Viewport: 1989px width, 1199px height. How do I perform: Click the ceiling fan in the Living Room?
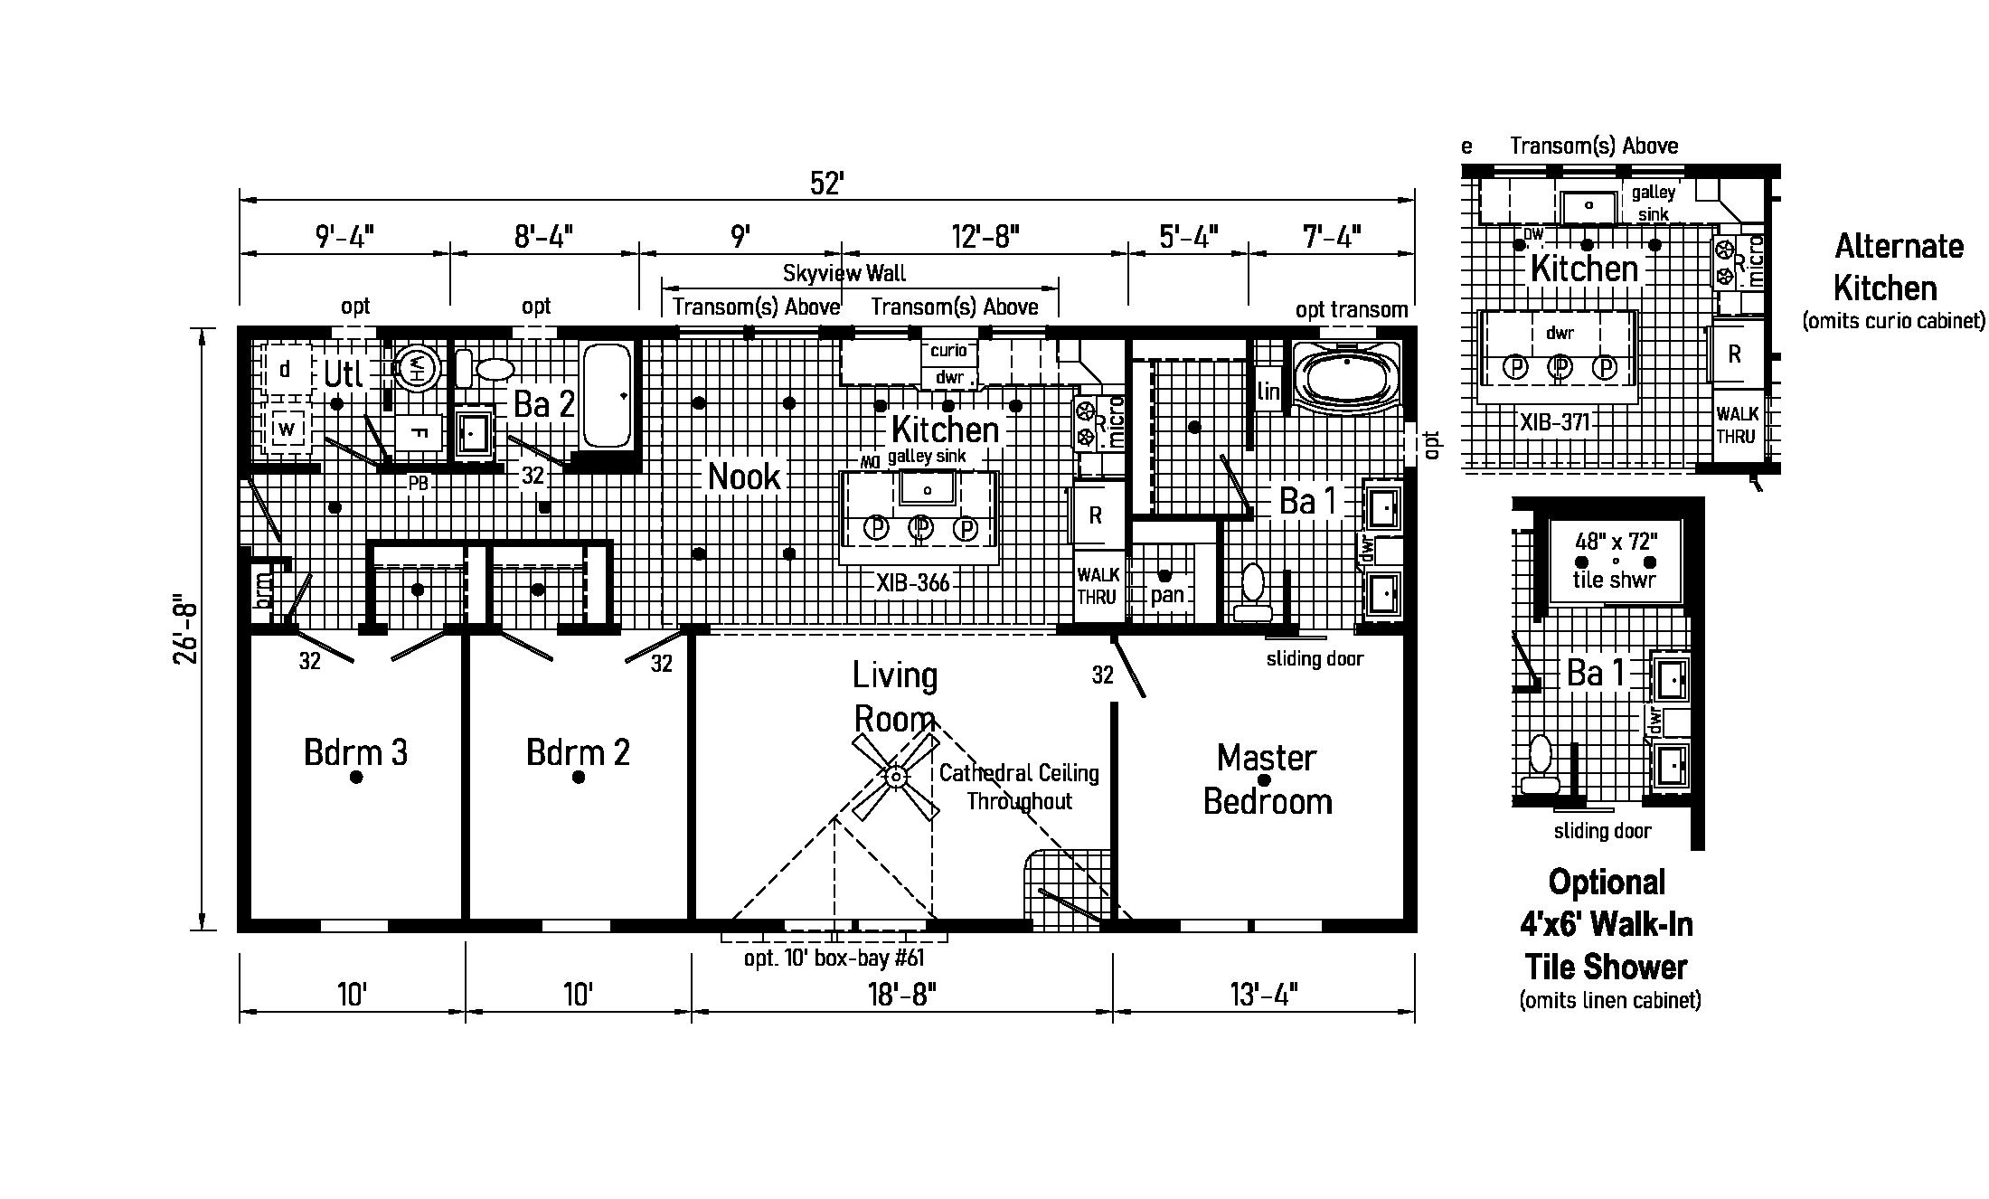click(x=896, y=776)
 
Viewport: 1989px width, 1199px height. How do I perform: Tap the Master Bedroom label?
click(x=1267, y=779)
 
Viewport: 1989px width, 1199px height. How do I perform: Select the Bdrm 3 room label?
click(x=355, y=752)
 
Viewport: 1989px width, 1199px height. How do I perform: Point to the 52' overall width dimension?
click(x=826, y=184)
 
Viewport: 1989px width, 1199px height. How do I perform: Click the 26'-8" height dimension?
click(x=185, y=629)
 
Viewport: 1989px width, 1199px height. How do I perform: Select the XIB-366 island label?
click(x=913, y=583)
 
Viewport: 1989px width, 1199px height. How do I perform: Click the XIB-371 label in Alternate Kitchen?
click(x=1554, y=422)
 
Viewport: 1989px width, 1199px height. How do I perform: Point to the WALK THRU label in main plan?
click(x=1098, y=586)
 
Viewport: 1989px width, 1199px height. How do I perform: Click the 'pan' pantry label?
click(x=1167, y=595)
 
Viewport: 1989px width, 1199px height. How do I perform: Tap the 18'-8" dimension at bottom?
click(x=901, y=995)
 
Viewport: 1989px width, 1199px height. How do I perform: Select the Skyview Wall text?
click(x=844, y=273)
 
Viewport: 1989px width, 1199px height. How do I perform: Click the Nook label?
click(x=744, y=477)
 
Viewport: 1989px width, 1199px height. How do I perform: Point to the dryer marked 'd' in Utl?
click(x=286, y=369)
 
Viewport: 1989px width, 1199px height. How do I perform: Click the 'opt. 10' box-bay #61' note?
click(x=834, y=958)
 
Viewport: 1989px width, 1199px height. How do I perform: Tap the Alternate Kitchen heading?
click(x=1898, y=267)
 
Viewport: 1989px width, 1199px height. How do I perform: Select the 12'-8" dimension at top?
click(x=985, y=237)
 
